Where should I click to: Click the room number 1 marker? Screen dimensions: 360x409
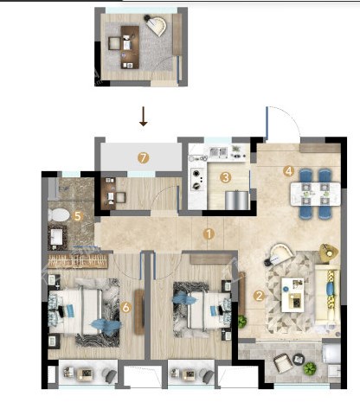(x=209, y=234)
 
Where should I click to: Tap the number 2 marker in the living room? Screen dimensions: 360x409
(x=259, y=296)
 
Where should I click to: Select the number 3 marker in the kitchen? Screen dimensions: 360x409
(x=225, y=177)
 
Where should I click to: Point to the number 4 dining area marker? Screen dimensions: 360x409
(x=288, y=171)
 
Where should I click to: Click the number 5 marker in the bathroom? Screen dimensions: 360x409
(x=78, y=216)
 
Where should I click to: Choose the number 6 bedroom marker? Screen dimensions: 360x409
(x=125, y=307)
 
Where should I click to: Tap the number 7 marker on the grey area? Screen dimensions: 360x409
(x=143, y=158)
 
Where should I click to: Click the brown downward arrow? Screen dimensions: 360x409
(x=144, y=117)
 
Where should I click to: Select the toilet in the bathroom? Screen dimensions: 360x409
(x=59, y=215)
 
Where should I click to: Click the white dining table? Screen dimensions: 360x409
(x=316, y=194)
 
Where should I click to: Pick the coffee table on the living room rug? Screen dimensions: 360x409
(x=292, y=295)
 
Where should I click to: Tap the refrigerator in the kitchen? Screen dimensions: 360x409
(x=236, y=200)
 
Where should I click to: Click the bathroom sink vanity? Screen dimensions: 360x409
(x=57, y=238)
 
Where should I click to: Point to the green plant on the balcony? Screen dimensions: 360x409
(x=310, y=368)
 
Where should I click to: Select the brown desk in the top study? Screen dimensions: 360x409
(x=130, y=48)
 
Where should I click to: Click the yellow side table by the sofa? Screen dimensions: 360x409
(x=329, y=253)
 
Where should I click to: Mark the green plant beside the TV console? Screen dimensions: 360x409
(x=242, y=322)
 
